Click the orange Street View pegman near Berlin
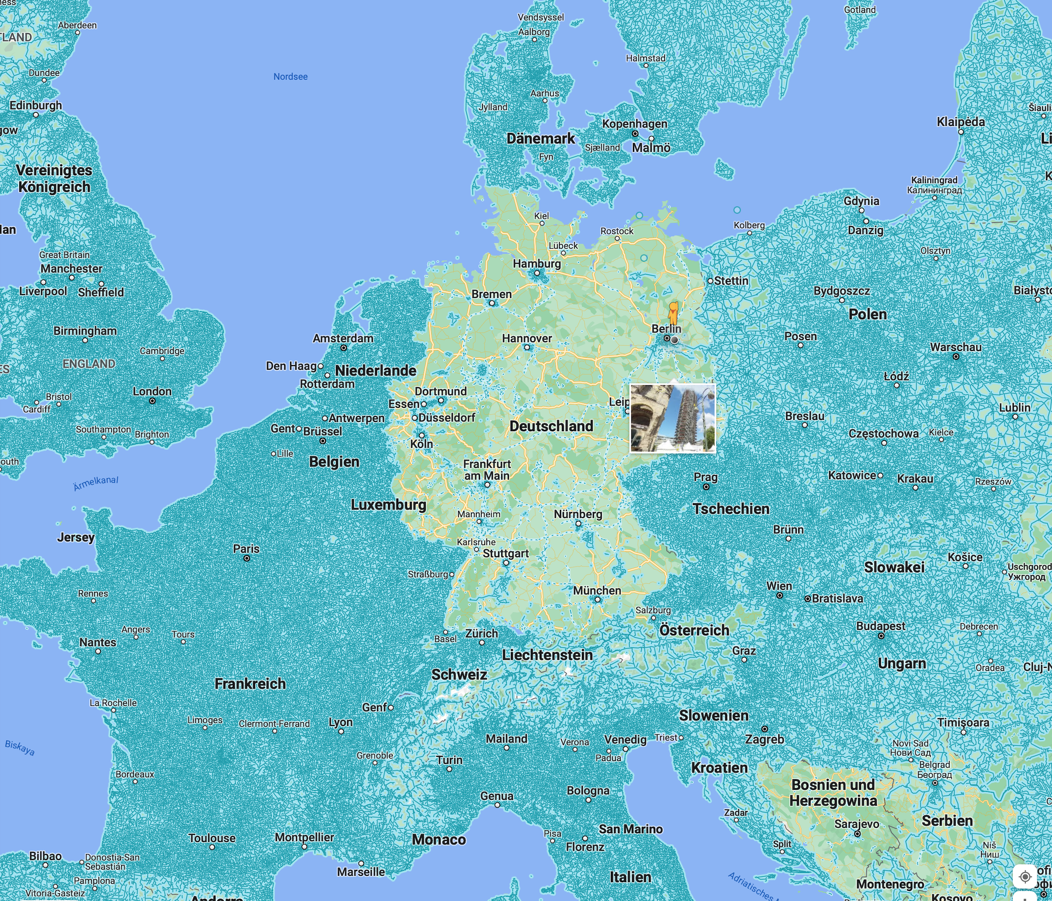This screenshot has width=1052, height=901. [673, 313]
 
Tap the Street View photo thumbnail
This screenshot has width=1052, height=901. [673, 418]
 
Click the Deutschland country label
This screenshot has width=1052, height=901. [551, 427]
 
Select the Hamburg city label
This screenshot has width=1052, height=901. [536, 264]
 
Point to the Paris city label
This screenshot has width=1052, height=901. [246, 549]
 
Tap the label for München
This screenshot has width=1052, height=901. [597, 591]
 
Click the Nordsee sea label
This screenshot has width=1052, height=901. [290, 77]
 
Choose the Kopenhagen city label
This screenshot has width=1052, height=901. [635, 124]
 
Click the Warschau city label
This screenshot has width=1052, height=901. [955, 347]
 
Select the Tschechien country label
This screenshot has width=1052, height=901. [731, 509]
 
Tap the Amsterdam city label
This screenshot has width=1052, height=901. [343, 338]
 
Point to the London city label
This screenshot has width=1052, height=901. [152, 391]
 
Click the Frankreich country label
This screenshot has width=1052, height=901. [250, 684]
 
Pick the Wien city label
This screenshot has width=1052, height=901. [779, 586]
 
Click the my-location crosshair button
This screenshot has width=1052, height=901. [1025, 877]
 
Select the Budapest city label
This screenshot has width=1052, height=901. [880, 626]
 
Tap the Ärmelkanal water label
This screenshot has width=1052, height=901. [96, 483]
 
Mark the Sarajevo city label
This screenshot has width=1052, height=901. [856, 824]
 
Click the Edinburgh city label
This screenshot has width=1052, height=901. [36, 106]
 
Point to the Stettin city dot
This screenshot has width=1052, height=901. [710, 281]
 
